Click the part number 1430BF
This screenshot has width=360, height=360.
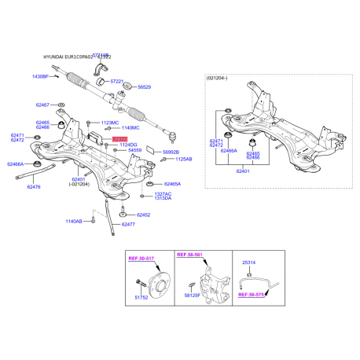(40, 76)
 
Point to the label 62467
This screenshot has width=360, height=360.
(42, 105)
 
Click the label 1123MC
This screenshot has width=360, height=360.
(109, 123)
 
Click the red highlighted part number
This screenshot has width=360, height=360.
(119, 139)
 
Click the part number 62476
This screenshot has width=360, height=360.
(34, 187)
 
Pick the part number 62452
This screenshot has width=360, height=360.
(142, 215)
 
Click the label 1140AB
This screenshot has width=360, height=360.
(74, 222)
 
